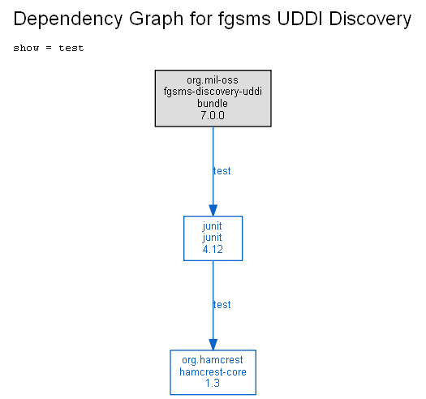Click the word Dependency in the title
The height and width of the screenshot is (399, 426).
(68, 19)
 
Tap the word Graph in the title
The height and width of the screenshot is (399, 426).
(157, 19)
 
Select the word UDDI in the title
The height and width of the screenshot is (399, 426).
(299, 19)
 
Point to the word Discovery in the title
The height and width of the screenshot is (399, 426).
(370, 19)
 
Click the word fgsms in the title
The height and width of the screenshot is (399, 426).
(244, 19)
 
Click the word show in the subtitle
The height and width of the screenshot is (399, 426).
(26, 48)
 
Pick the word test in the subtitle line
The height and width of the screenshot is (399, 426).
(71, 48)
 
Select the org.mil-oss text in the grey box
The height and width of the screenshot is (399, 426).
(213, 80)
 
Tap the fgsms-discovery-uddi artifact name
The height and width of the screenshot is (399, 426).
(213, 92)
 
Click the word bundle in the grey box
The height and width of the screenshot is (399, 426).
(213, 104)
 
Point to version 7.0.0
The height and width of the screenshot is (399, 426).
(213, 115)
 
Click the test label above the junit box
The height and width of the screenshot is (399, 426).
(222, 171)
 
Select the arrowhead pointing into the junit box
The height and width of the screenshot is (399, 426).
(213, 211)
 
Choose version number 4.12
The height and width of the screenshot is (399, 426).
(213, 249)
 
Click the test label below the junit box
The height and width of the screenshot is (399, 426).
(222, 305)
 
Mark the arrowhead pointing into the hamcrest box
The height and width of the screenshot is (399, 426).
(213, 345)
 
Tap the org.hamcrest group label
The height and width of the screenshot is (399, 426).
(213, 360)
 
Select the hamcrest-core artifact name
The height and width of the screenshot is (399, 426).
(213, 372)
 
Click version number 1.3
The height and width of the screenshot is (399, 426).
(213, 384)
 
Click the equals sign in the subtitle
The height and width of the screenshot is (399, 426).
(49, 48)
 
